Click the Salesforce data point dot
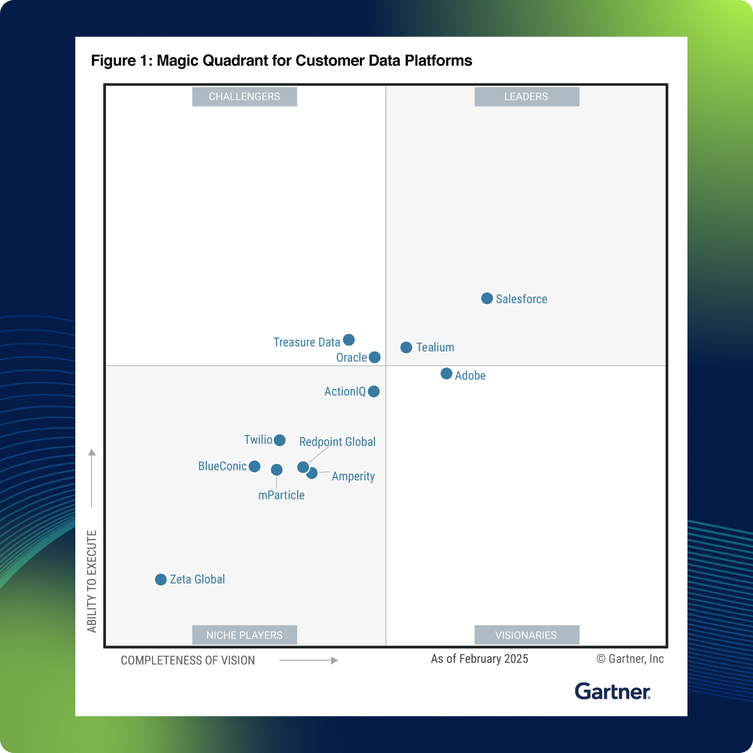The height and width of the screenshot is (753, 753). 487,298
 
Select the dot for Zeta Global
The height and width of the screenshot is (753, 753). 160,579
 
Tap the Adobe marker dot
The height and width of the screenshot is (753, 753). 446,374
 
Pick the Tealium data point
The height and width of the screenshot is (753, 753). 406,347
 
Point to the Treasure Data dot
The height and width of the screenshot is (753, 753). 349,340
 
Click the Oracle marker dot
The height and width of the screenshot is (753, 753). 374,357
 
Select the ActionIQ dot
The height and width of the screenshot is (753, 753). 374,391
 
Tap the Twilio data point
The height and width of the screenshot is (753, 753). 280,440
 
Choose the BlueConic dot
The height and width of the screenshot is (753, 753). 254,466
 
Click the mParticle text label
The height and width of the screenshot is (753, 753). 281,495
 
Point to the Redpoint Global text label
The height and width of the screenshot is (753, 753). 337,442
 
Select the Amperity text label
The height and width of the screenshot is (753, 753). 353,476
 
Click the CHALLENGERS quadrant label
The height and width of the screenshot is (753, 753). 244,97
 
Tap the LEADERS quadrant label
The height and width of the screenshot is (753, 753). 526,97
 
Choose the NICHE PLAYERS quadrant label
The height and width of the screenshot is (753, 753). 244,635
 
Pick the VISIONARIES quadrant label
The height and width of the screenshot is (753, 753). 526,635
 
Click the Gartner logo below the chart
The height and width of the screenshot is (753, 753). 613,691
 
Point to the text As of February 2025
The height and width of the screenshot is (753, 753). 480,659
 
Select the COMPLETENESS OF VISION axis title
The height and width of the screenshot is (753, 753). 188,660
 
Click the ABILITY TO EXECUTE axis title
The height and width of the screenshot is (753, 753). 92,581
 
